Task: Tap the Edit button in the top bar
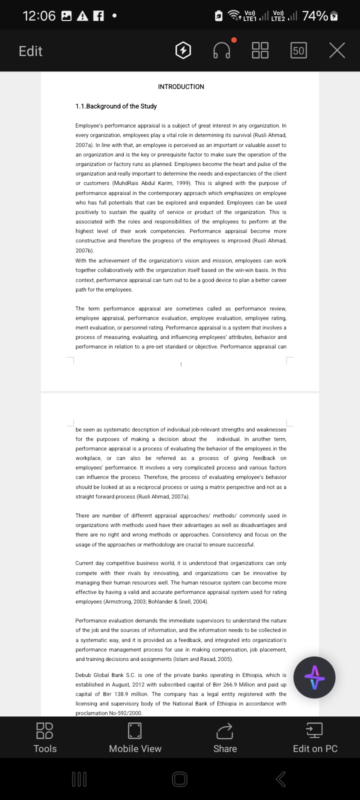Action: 30,51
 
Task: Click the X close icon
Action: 337,50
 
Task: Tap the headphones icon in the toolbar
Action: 221,50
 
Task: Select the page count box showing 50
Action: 298,50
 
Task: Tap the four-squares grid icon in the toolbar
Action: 260,50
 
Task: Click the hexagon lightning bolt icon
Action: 183,50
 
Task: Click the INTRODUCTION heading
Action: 181,87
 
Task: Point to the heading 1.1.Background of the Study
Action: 116,106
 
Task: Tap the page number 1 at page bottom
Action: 181,364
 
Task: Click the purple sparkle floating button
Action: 314,677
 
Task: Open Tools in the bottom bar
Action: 45,737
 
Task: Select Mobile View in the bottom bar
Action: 135,737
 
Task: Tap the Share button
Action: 225,737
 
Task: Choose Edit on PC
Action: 315,737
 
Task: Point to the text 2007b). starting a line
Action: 84,250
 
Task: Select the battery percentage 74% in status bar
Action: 315,16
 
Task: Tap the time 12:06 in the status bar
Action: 39,16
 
